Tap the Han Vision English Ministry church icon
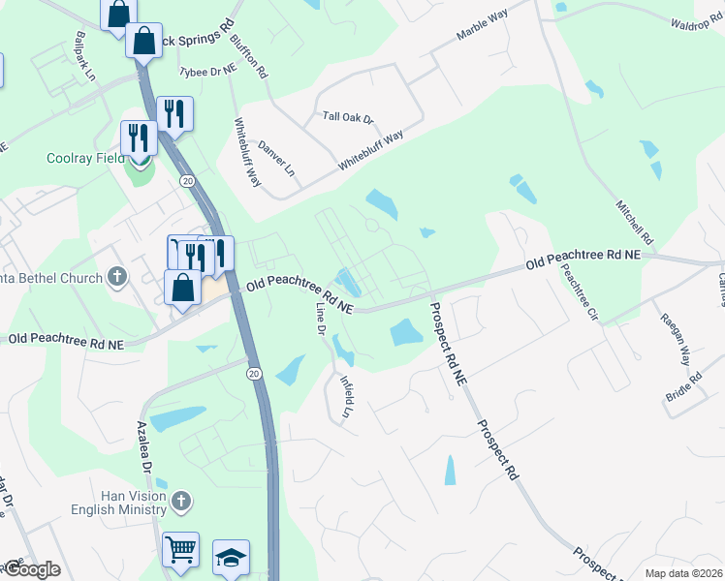(180, 501)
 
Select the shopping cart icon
(180, 549)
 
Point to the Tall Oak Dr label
(348, 117)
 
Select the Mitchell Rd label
(635, 223)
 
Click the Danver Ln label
(276, 157)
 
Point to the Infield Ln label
(346, 396)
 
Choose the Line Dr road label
(322, 318)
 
